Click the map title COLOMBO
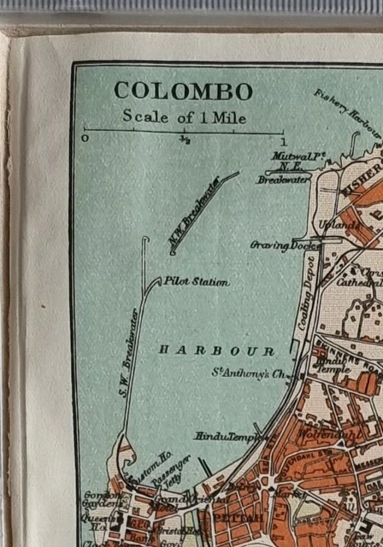pyautogui.click(x=183, y=91)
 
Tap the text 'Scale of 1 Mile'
pyautogui.click(x=183, y=117)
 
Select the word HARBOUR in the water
pyautogui.click(x=216, y=351)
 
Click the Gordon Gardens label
pyautogui.click(x=95, y=501)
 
